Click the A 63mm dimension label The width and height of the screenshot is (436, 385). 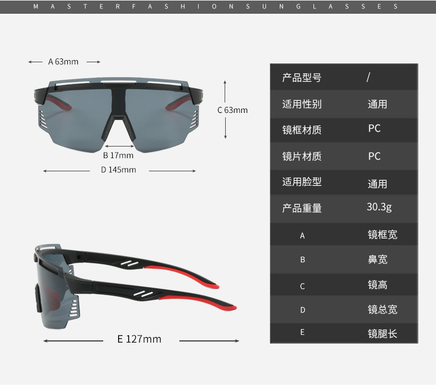pyautogui.click(x=63, y=62)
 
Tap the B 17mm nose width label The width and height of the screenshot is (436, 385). pyautogui.click(x=118, y=155)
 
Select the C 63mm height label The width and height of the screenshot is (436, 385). pyautogui.click(x=232, y=110)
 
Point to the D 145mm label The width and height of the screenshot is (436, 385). pyautogui.click(x=119, y=170)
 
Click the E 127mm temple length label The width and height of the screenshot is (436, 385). pyautogui.click(x=139, y=339)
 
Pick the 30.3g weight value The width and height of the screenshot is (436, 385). pyautogui.click(x=379, y=207)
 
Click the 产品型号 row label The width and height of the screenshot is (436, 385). pyautogui.click(x=302, y=78)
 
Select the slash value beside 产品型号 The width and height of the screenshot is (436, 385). pyautogui.click(x=369, y=77)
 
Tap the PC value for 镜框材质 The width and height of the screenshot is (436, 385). pyautogui.click(x=374, y=128)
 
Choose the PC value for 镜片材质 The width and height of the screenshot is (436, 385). pyautogui.click(x=374, y=156)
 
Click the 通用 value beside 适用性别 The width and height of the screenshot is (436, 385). pyautogui.click(x=377, y=104)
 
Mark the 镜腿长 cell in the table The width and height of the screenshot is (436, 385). pyautogui.click(x=382, y=334)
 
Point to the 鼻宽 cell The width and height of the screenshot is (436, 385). pyautogui.click(x=377, y=259)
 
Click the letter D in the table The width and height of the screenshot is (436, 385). pyautogui.click(x=302, y=310)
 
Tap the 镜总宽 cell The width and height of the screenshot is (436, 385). pyautogui.click(x=382, y=310)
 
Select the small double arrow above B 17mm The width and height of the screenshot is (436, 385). pyautogui.click(x=119, y=146)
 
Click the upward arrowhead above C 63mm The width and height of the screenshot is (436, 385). pyautogui.click(x=225, y=83)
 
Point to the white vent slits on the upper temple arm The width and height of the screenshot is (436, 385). pyautogui.click(x=130, y=263)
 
